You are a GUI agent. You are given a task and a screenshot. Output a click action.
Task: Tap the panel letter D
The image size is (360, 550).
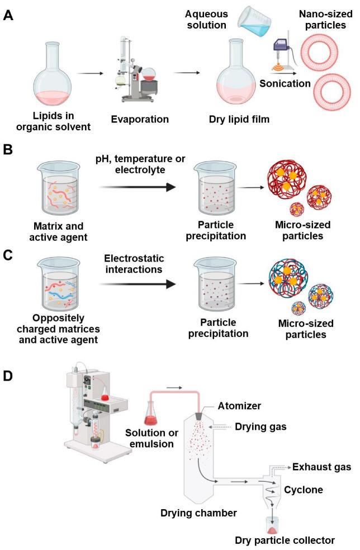coord(8,376)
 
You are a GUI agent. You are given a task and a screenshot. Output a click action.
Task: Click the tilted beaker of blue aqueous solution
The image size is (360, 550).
coord(255,22)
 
